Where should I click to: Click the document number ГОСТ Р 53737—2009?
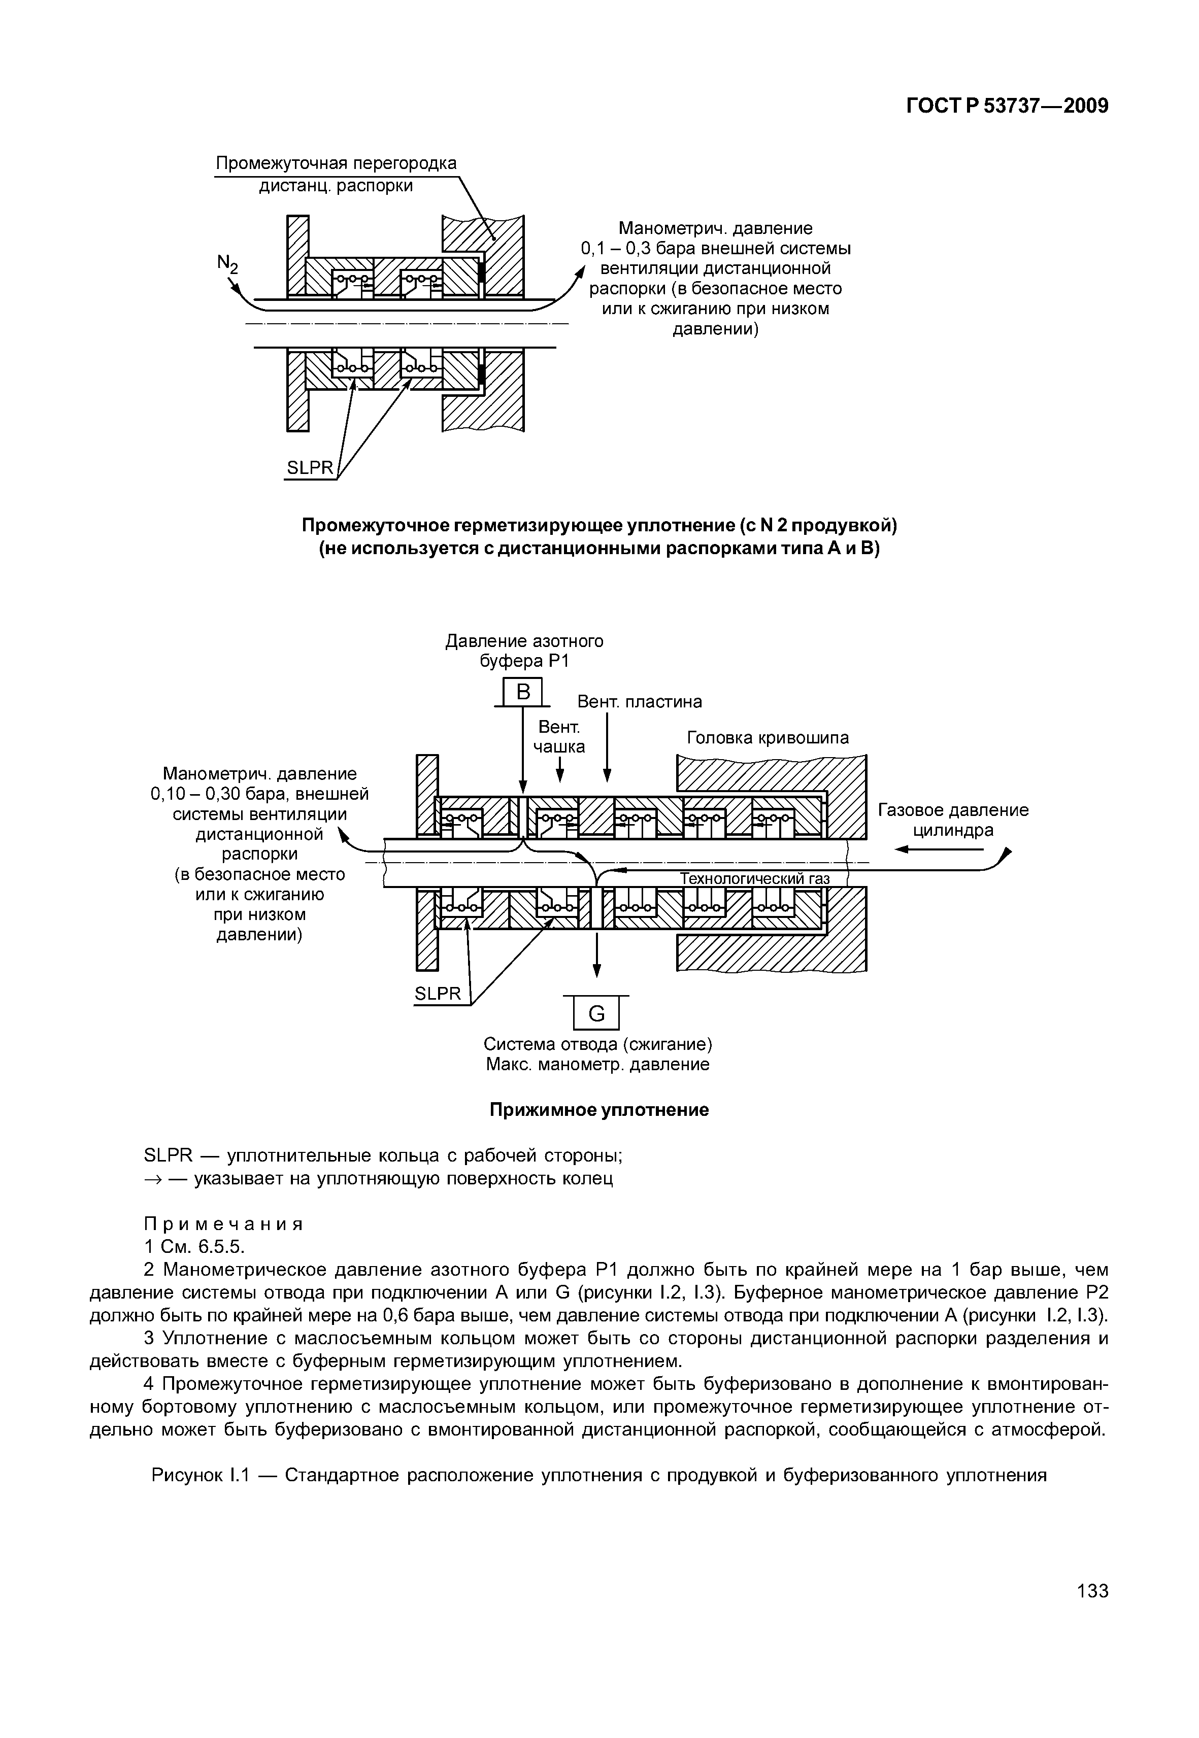(1007, 106)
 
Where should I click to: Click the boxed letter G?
(596, 1014)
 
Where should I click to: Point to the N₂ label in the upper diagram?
(227, 264)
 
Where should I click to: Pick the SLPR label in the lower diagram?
(438, 994)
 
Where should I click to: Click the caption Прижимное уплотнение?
(599, 1109)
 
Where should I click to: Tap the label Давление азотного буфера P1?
(524, 651)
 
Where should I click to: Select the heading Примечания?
(223, 1223)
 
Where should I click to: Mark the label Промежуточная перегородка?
(336, 163)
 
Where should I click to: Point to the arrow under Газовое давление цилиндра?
(939, 849)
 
